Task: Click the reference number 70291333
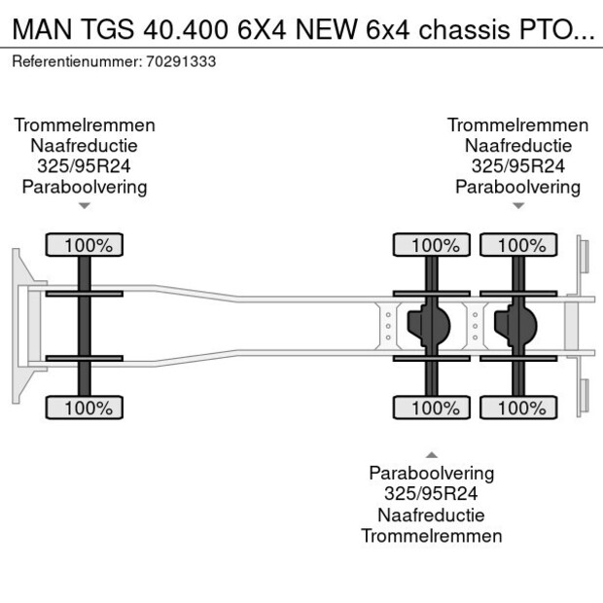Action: (181, 61)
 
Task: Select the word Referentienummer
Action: (76, 61)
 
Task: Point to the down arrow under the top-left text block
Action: (85, 205)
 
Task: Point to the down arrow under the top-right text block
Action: (518, 205)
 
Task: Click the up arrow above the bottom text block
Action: (431, 454)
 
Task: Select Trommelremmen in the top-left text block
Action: (85, 124)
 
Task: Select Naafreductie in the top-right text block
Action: (518, 146)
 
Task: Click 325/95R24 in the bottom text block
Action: (431, 494)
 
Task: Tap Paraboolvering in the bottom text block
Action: (431, 474)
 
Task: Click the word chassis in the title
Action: (456, 28)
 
